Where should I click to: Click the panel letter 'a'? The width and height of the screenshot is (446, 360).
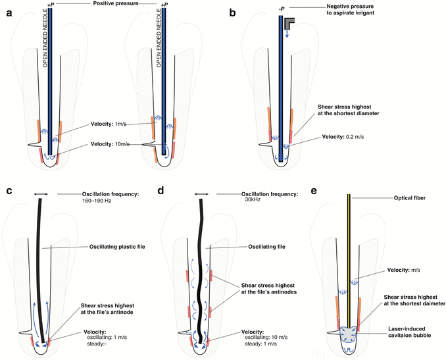point(8,10)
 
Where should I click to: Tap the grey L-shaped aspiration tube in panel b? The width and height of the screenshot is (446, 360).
point(290,24)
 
